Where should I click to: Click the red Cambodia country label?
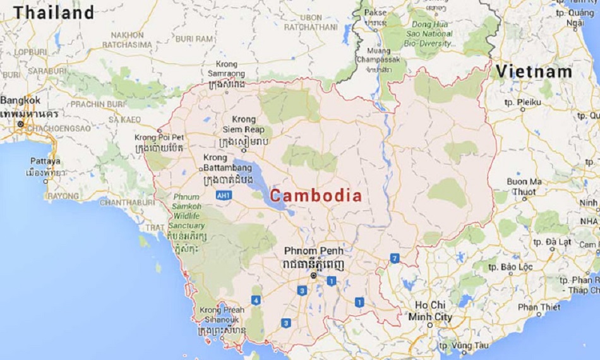[x=316, y=196]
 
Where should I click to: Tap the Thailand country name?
[x=54, y=12]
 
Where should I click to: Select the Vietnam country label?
[x=534, y=72]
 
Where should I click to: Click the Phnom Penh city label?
[x=313, y=251]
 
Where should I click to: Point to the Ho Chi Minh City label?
[x=430, y=311]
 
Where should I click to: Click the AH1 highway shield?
[x=224, y=196]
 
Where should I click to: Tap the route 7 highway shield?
[x=395, y=258]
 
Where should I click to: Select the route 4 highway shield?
[x=256, y=300]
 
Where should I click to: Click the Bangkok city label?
[x=20, y=100]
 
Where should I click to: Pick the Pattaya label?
[x=45, y=161]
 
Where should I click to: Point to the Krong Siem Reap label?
[x=244, y=124]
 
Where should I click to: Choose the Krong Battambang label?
[x=228, y=163]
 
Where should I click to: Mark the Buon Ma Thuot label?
[x=524, y=186]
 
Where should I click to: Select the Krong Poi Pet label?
[x=159, y=137]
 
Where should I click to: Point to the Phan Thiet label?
[x=539, y=307]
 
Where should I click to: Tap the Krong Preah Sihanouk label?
[x=221, y=315]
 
